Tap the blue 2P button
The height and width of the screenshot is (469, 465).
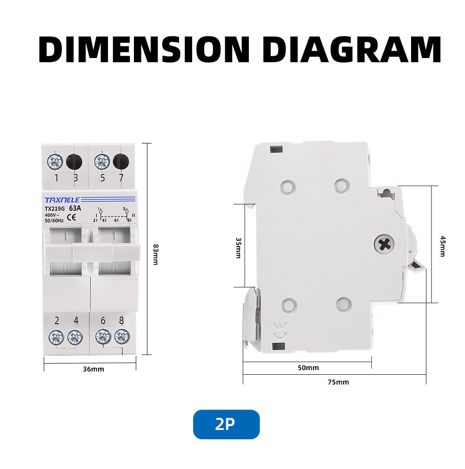click(x=226, y=424)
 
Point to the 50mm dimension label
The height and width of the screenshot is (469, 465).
click(x=308, y=368)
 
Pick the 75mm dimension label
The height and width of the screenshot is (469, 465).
click(x=338, y=382)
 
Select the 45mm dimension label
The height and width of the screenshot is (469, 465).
click(x=442, y=246)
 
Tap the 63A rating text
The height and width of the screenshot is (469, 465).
click(x=75, y=208)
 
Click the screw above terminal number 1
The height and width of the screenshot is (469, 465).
click(x=55, y=162)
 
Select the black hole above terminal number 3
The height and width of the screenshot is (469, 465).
click(x=74, y=162)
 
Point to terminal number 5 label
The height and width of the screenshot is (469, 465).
click(x=102, y=178)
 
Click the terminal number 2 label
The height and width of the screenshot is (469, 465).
click(x=56, y=320)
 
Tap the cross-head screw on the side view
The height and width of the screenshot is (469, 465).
click(x=384, y=243)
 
